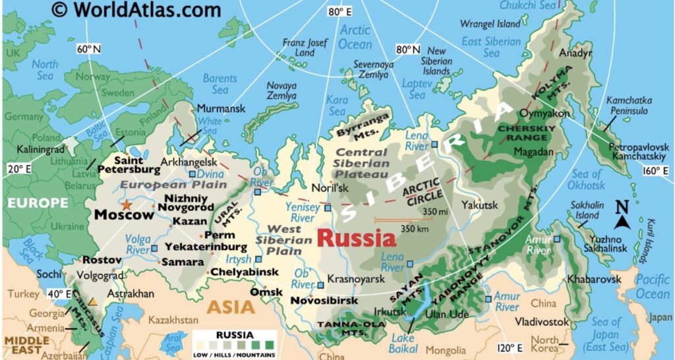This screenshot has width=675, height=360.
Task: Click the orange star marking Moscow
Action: (126, 205)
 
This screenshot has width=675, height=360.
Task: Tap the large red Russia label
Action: (357, 238)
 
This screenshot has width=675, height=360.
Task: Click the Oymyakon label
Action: (540, 113)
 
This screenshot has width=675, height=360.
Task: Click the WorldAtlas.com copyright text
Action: (136, 10)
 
